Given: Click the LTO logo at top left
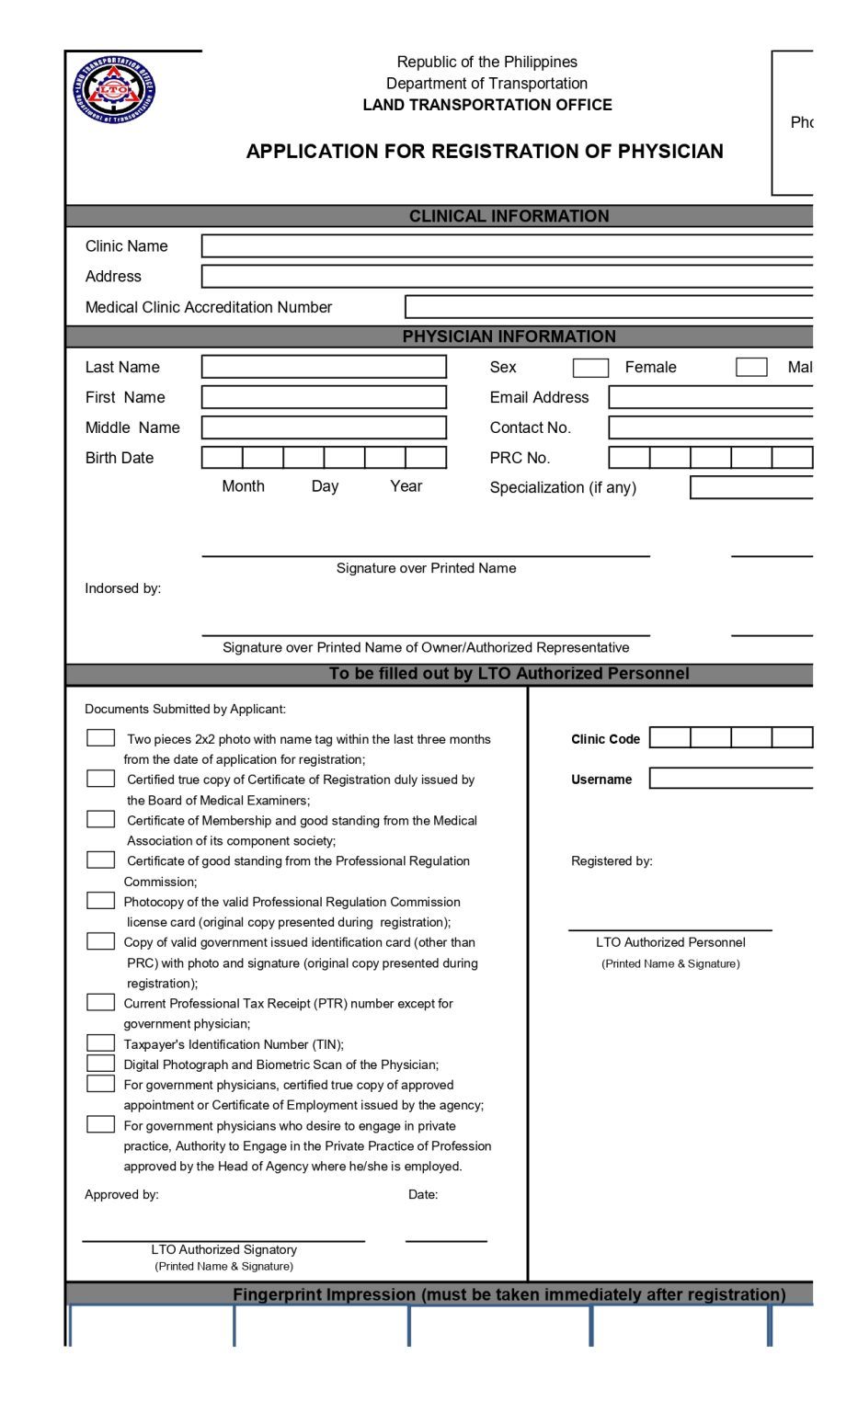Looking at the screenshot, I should click(x=115, y=91).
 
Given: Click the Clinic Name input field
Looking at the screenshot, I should click(x=507, y=246).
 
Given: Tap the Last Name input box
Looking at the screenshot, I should click(x=324, y=367).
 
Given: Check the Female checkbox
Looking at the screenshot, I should click(x=590, y=368).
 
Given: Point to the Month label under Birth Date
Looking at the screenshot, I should click(x=243, y=486).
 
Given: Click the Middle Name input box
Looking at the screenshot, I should click(x=324, y=427).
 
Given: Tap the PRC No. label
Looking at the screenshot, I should click(x=520, y=458).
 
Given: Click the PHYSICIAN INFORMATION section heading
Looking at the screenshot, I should click(x=509, y=336).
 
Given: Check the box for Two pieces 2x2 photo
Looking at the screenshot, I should click(x=100, y=738).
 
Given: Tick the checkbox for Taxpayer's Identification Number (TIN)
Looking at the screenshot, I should click(x=100, y=1043).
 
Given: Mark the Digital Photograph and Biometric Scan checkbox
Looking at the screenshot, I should click(x=100, y=1064).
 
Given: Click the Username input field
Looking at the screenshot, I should click(x=731, y=779).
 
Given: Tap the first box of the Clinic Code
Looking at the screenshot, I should click(x=669, y=737).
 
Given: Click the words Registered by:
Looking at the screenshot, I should click(x=612, y=861).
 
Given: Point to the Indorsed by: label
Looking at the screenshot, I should click(x=122, y=588).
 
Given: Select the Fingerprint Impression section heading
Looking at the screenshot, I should click(x=509, y=1294).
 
